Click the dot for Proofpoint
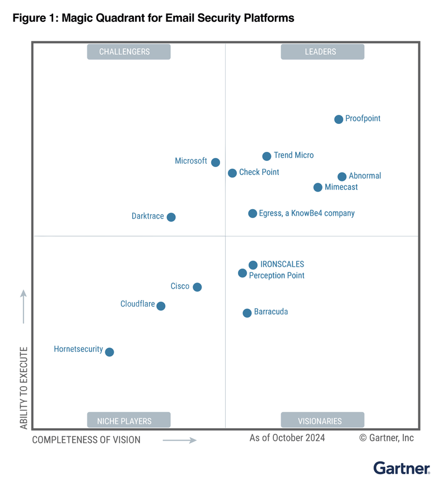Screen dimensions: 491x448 click(339, 119)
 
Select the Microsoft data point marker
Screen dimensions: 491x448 click(216, 163)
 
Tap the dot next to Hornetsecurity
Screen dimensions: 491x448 click(110, 352)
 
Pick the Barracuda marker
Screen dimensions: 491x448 click(247, 313)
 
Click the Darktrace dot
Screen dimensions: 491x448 click(171, 217)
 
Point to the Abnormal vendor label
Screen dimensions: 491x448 click(365, 176)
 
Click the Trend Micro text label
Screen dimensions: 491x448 click(293, 155)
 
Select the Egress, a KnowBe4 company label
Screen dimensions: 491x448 click(307, 214)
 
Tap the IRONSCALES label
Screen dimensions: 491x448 click(282, 265)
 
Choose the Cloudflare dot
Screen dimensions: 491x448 click(161, 306)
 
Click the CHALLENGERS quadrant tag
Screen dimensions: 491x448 click(129, 52)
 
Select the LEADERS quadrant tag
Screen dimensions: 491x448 click(322, 52)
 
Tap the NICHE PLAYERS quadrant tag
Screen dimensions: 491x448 click(129, 420)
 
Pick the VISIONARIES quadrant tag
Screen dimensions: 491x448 click(322, 420)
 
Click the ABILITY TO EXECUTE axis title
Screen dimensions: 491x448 click(24, 388)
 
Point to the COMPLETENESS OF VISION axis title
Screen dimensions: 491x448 click(86, 440)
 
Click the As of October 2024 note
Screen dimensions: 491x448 click(287, 438)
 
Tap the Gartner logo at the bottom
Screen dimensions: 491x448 click(402, 468)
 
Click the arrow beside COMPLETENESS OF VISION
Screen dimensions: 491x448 click(180, 441)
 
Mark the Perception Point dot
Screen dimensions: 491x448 click(242, 273)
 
